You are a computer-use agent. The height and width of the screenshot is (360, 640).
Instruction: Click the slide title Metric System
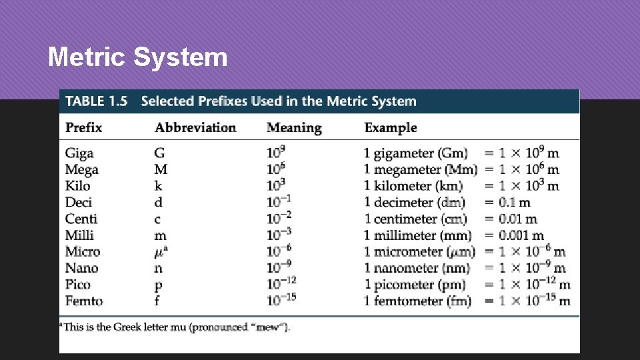(137, 57)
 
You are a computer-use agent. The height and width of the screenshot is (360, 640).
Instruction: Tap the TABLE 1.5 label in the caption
(97, 101)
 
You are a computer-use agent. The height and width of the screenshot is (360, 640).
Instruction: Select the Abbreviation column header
(195, 127)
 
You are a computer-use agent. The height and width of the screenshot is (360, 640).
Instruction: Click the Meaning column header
(294, 127)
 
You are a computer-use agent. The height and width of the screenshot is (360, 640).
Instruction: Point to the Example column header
(391, 127)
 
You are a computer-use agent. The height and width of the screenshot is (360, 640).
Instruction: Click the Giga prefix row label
(79, 153)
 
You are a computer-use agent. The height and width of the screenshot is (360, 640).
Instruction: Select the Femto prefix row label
(84, 301)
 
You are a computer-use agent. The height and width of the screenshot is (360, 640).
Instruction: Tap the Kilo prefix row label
(77, 186)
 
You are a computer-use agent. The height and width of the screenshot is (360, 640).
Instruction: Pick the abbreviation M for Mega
(161, 169)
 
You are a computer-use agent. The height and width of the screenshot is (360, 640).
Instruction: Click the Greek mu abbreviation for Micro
(161, 251)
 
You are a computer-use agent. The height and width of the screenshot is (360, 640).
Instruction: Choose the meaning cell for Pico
(282, 284)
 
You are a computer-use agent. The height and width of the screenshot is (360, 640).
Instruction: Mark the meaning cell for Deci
(279, 202)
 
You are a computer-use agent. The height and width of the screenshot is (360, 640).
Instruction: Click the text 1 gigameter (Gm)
(416, 153)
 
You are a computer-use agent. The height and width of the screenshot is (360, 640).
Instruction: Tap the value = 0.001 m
(514, 235)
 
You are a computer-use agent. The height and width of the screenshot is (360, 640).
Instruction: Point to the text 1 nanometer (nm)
(417, 268)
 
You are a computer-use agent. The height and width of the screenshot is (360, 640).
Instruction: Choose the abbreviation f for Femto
(158, 301)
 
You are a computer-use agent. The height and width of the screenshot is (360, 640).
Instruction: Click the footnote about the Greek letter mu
(175, 327)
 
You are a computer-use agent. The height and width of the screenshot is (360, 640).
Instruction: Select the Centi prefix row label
(81, 219)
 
